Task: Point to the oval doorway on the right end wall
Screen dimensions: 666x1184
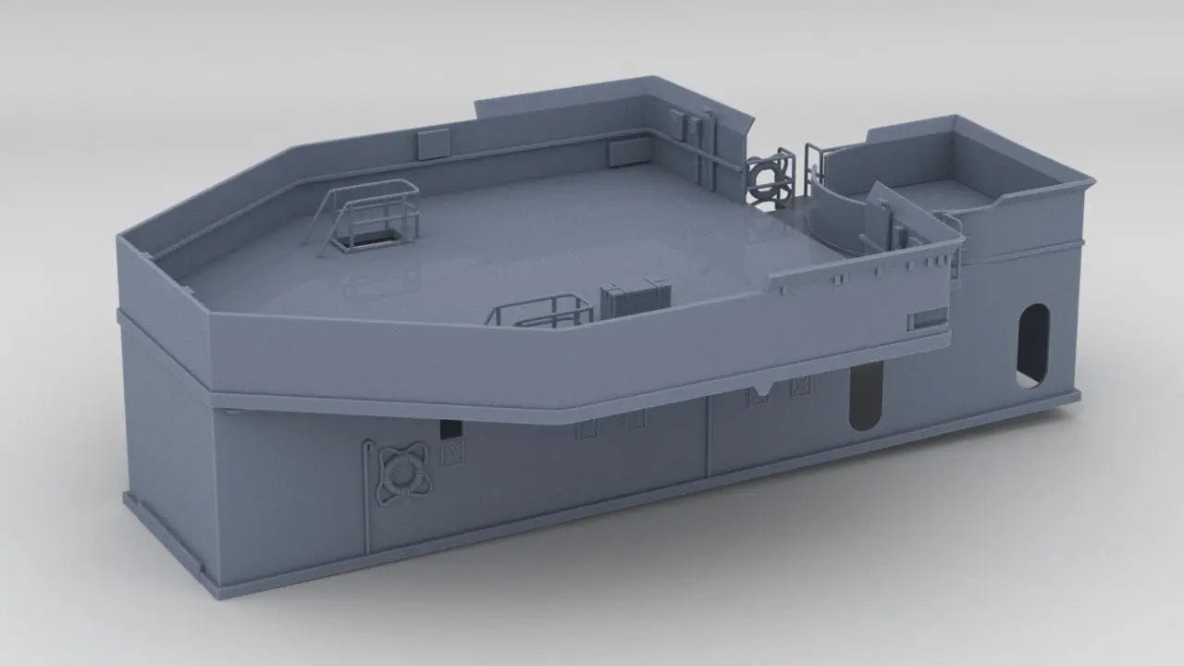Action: click(1033, 344)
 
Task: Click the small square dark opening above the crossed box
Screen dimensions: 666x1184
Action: click(450, 429)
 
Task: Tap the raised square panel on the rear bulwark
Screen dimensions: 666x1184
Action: click(430, 143)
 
